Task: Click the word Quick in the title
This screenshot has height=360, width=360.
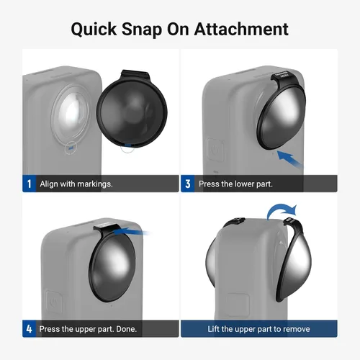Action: (x=94, y=30)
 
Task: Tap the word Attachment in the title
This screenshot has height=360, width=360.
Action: (x=241, y=30)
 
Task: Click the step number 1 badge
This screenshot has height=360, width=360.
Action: (x=29, y=184)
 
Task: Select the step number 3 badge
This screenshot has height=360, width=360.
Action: (x=188, y=184)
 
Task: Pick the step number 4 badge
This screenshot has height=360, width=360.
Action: (x=29, y=328)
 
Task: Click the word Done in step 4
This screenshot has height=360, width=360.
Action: (x=126, y=329)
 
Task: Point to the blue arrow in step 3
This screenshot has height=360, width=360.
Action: (x=289, y=158)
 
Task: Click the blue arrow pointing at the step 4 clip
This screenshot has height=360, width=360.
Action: (x=131, y=232)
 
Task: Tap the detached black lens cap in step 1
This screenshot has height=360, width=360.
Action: (x=132, y=109)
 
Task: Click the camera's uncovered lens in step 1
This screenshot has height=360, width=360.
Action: (x=71, y=113)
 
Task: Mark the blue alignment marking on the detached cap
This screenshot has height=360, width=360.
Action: (x=128, y=145)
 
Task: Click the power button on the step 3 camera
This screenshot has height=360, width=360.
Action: (x=215, y=150)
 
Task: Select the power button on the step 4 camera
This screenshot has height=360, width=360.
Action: (x=55, y=302)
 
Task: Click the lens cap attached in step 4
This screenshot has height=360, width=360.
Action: (x=113, y=263)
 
